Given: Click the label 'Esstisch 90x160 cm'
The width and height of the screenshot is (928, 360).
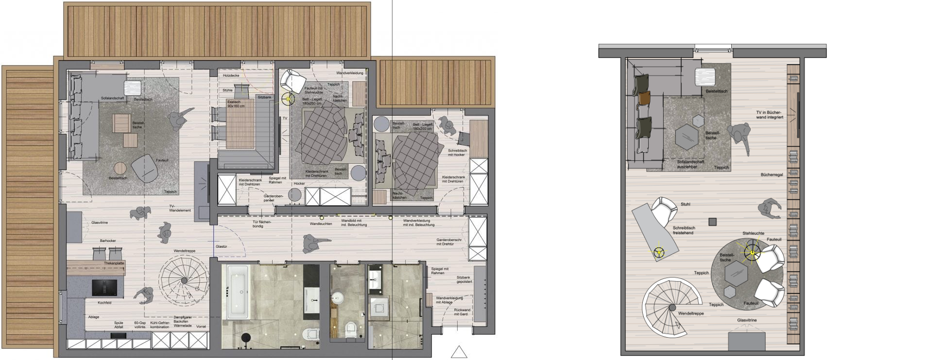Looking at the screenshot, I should pyautogui.click(x=236, y=103).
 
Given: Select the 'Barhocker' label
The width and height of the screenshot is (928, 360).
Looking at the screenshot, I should pyautogui.click(x=108, y=240).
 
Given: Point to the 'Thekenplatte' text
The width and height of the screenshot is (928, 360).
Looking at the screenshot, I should pyautogui.click(x=114, y=263).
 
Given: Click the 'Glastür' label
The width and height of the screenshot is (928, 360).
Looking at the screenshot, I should pyautogui.click(x=222, y=247).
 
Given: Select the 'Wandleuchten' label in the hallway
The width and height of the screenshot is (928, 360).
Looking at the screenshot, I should pyautogui.click(x=321, y=224).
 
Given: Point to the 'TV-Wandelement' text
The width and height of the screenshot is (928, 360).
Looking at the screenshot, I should pyautogui.click(x=180, y=208).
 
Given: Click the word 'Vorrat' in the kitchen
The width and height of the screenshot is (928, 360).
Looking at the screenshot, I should pyautogui.click(x=201, y=327).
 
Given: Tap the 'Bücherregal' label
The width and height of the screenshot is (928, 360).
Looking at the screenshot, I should pyautogui.click(x=772, y=175).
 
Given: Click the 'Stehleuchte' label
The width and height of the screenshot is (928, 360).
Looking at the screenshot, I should pyautogui.click(x=753, y=233).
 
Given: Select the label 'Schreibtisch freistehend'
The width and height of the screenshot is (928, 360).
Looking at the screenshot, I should pyautogui.click(x=683, y=230).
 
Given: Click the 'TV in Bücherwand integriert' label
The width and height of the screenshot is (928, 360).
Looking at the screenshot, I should pyautogui.click(x=769, y=115).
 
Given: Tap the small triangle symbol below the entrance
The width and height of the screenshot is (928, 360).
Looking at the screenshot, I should pyautogui.click(x=459, y=352).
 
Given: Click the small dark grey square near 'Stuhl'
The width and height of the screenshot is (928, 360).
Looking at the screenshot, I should pyautogui.click(x=712, y=222).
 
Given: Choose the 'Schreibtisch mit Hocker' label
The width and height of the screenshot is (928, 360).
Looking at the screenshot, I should pyautogui.click(x=457, y=153).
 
